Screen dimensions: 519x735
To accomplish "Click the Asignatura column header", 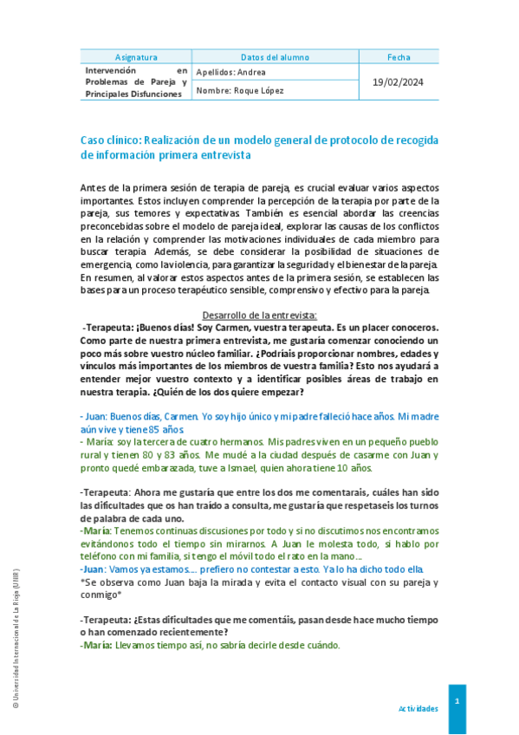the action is tap(134, 56).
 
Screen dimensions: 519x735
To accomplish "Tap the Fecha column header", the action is tap(399, 56).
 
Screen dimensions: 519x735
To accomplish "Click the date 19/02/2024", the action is tap(399, 81).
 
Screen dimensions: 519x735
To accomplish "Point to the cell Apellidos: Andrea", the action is tap(231, 72).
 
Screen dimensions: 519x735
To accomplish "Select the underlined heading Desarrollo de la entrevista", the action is tap(260, 315).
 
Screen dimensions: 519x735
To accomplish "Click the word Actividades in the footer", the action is tap(418, 708).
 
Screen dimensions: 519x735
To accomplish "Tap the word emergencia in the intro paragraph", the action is tap(108, 264).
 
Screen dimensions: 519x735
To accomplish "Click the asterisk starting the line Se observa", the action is tap(81, 584).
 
